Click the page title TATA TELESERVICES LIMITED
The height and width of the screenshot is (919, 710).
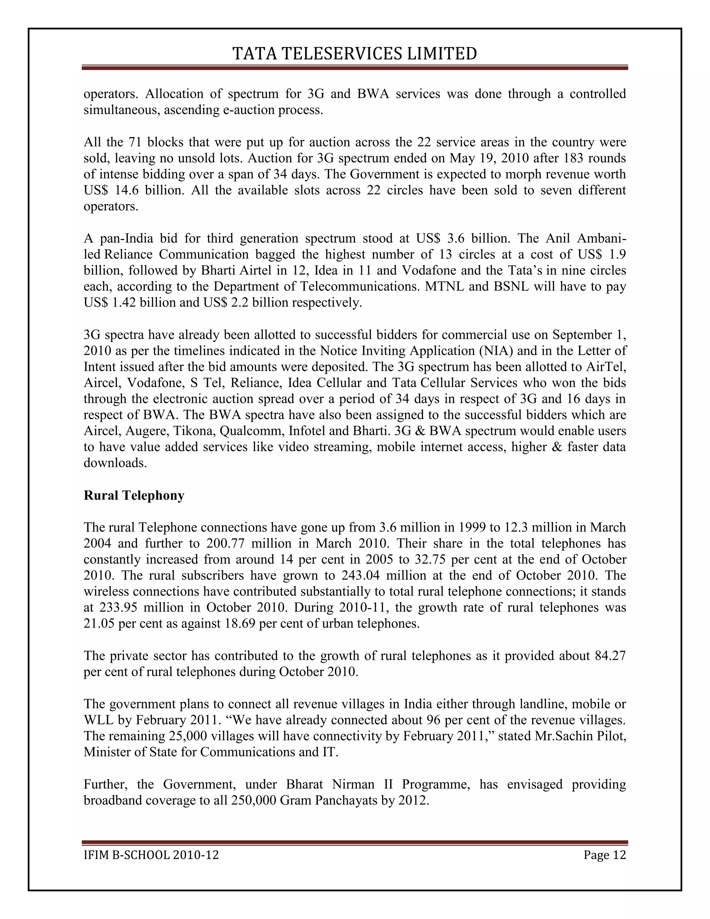point(355,53)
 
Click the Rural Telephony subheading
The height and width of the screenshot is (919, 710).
point(134,495)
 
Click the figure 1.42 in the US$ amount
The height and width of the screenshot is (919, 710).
point(124,302)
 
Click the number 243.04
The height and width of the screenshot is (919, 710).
point(361,575)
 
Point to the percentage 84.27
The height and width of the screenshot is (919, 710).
point(610,655)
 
